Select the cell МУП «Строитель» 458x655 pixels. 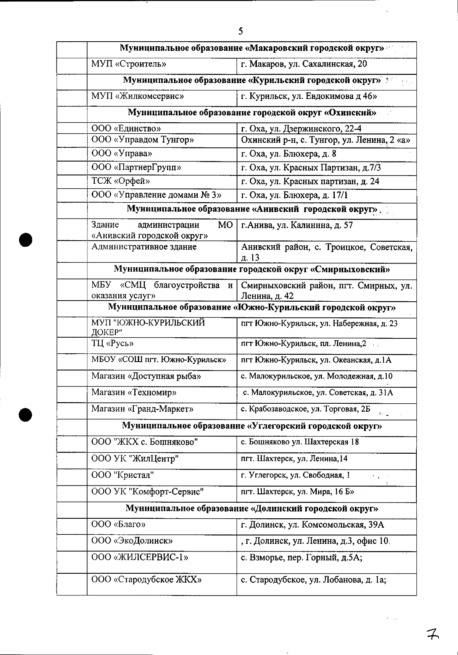point(129,64)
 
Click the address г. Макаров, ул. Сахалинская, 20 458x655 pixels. point(304,64)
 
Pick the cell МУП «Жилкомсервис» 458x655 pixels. point(137,96)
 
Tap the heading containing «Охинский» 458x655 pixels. point(252,113)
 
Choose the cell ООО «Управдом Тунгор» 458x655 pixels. point(143,140)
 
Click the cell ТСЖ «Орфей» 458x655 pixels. point(121,181)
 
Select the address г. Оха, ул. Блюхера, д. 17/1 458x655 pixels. point(294,195)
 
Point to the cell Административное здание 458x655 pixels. point(144,247)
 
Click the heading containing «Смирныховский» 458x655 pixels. point(252,269)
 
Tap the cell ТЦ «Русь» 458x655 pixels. point(112,343)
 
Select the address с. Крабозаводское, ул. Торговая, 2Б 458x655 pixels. point(305,409)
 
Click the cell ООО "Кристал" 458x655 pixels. point(123,475)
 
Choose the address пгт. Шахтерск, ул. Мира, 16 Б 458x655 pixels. point(297,492)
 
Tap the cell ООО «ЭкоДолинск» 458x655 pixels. point(132,541)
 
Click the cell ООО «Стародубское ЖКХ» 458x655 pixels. point(147,580)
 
